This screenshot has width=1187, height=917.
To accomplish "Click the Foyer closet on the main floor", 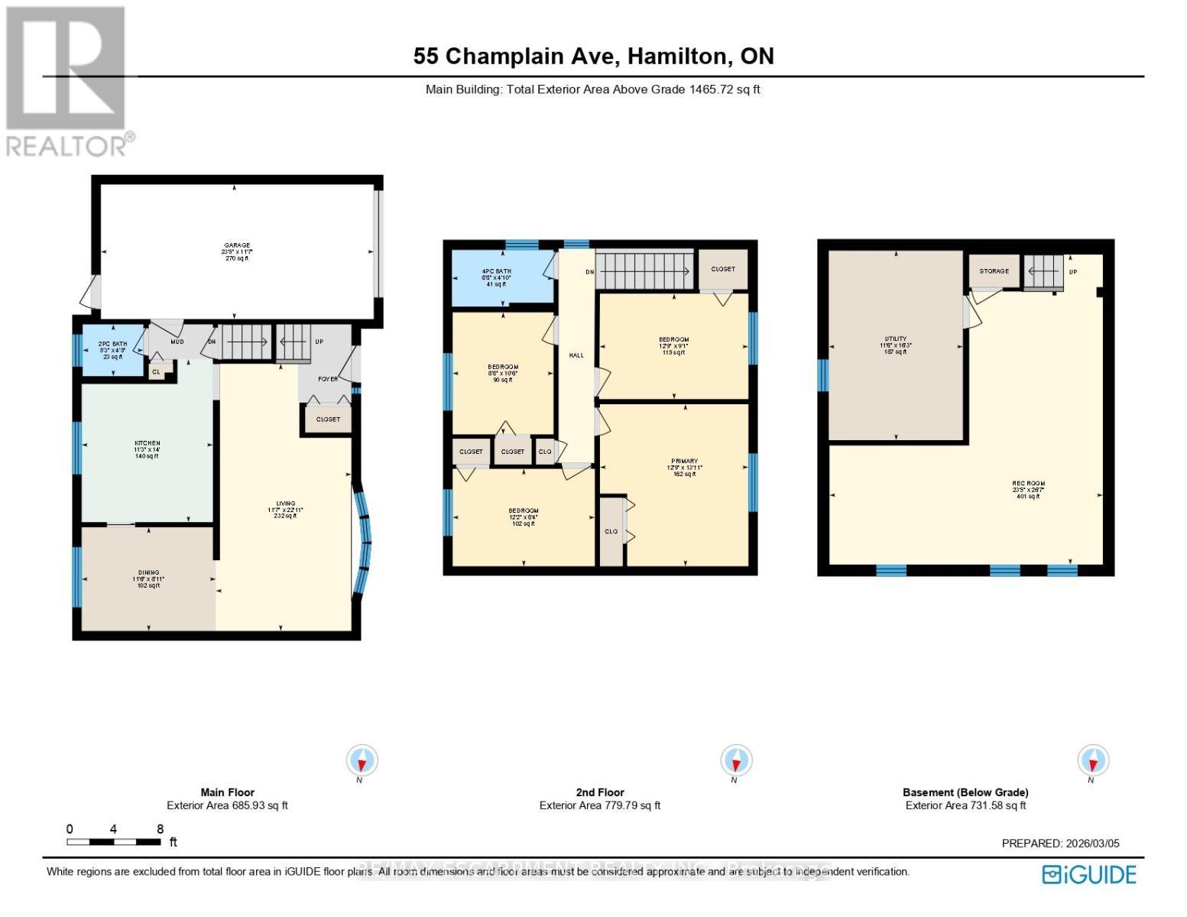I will pyautogui.click(x=328, y=419).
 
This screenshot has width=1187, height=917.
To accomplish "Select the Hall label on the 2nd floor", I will pyautogui.click(x=576, y=355).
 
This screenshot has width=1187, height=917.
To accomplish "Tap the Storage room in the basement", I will pyautogui.click(x=994, y=271).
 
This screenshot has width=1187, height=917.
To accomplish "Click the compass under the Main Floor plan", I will pyautogui.click(x=362, y=761).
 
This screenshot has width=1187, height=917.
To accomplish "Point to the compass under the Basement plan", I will pyautogui.click(x=1093, y=761).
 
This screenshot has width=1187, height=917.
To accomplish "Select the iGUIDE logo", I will pyautogui.click(x=1090, y=874).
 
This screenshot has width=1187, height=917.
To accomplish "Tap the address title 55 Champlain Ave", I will pyautogui.click(x=593, y=56).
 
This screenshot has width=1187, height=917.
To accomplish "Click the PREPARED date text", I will pyautogui.click(x=1060, y=844).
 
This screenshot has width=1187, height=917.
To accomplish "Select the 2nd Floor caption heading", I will pyautogui.click(x=600, y=792).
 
